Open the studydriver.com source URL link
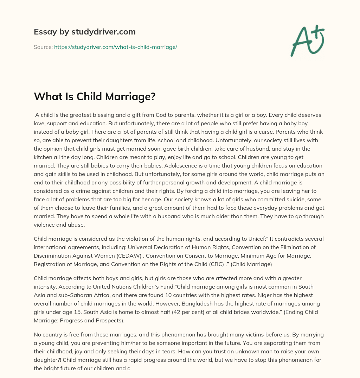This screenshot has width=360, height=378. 115,47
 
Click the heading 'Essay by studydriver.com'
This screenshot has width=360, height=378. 84,32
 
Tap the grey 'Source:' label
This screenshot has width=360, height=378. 43,47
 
